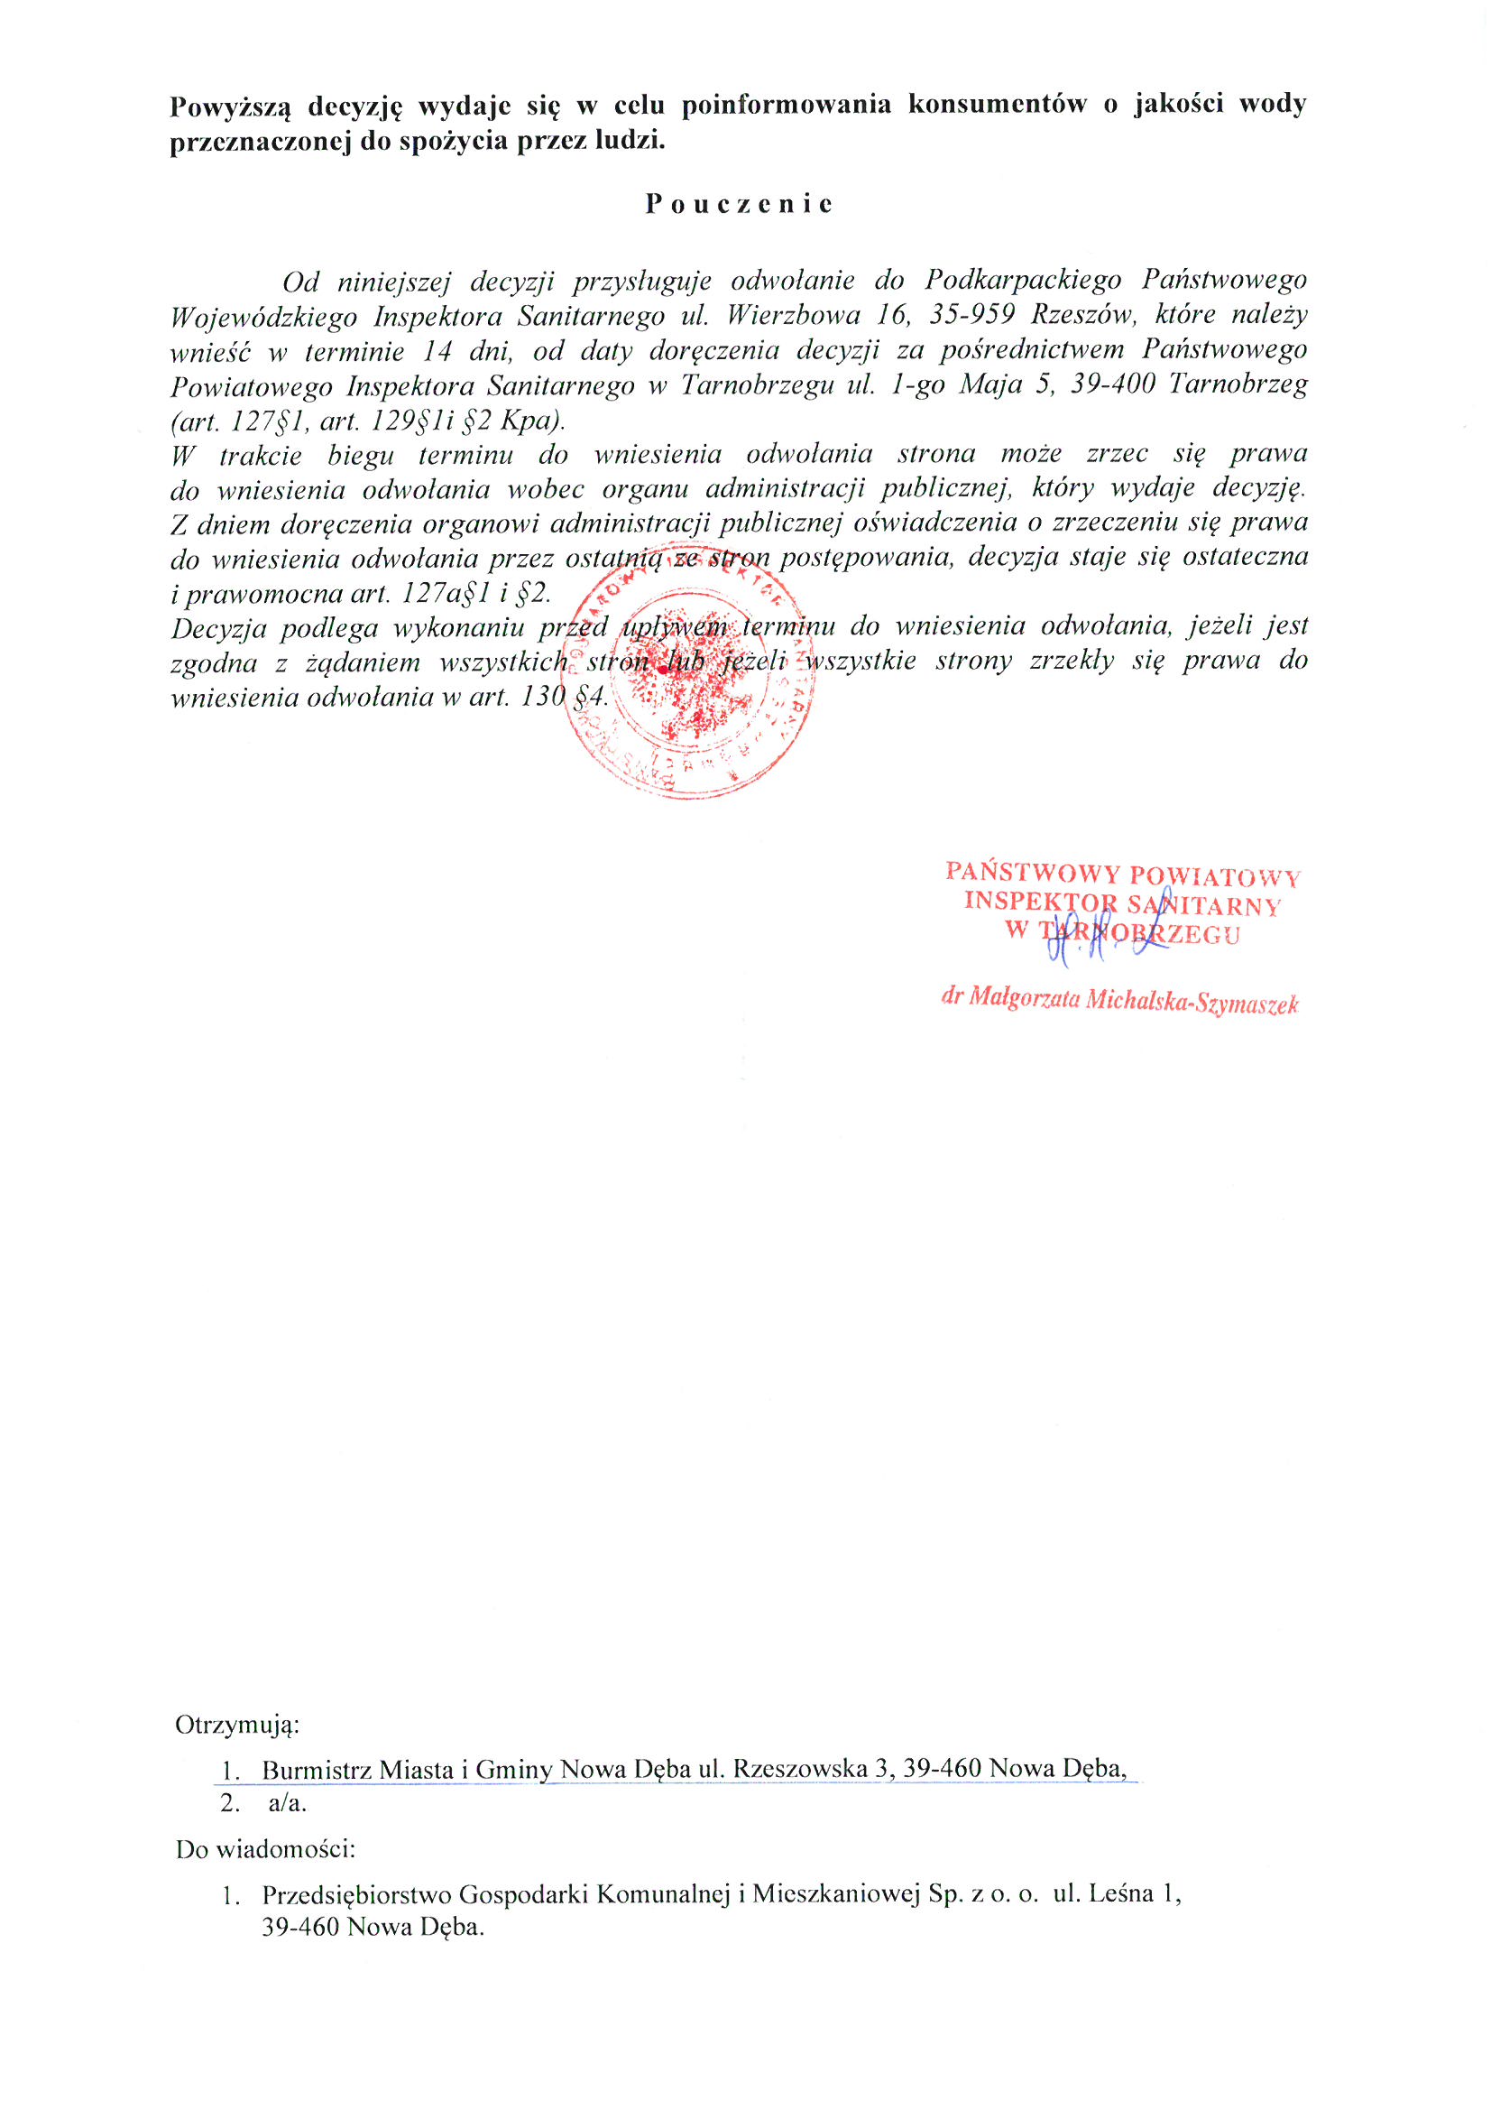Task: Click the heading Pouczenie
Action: (739, 204)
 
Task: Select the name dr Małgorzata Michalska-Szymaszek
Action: (1119, 1001)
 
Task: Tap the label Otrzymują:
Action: (237, 1724)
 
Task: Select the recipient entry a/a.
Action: (288, 1803)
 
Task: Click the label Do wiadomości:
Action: (265, 1848)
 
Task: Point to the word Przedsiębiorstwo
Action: (357, 1894)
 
